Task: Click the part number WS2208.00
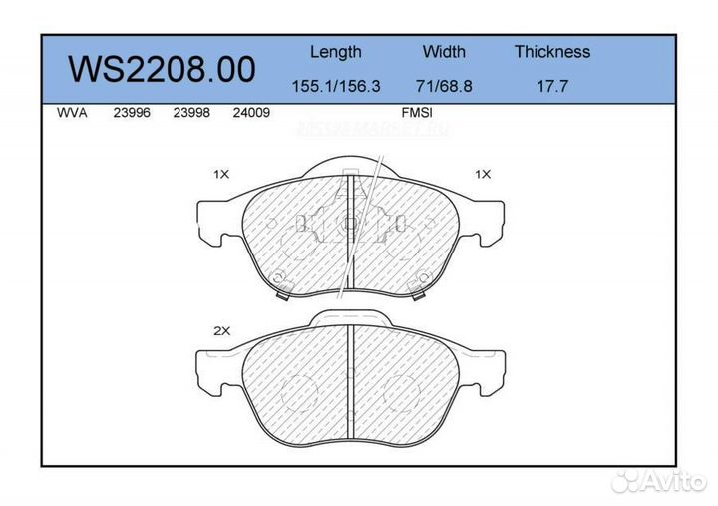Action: [x=162, y=69]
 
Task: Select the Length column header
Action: [x=335, y=52]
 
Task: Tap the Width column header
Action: [x=444, y=52]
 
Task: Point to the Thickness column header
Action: [x=551, y=52]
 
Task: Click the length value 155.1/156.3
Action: [x=335, y=87]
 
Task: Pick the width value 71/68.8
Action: [x=444, y=87]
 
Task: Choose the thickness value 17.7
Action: [x=551, y=87]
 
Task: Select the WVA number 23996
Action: [x=132, y=113]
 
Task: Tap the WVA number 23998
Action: [x=190, y=113]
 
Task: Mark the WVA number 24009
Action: [x=251, y=113]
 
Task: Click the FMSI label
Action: [x=416, y=113]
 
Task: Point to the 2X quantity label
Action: [x=221, y=330]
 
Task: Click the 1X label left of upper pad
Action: [x=221, y=174]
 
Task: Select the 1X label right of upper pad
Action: [x=483, y=174]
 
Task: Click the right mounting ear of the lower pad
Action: [x=488, y=373]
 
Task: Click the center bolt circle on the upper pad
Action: [x=349, y=225]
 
